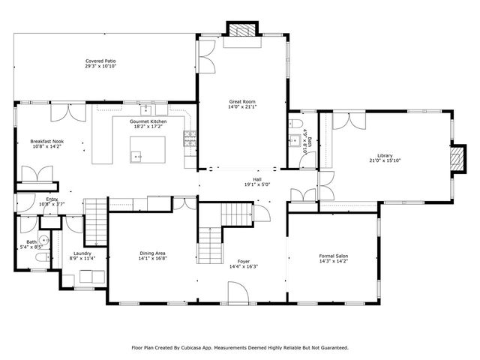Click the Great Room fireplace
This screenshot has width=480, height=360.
(x=242, y=31)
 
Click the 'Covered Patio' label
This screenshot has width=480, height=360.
(x=100, y=61)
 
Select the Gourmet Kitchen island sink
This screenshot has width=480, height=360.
(x=136, y=156)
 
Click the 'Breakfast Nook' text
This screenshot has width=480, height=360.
(x=46, y=141)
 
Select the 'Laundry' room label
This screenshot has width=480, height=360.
(x=82, y=253)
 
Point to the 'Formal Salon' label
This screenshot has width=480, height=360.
(x=333, y=256)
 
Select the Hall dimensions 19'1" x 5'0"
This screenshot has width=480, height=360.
(x=257, y=184)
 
